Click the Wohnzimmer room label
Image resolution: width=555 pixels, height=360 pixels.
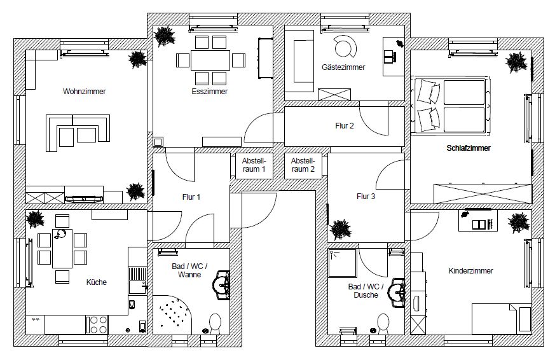[x=84, y=92]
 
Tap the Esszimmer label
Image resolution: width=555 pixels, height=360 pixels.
[x=209, y=92]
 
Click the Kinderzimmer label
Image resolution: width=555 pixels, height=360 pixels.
[x=471, y=270]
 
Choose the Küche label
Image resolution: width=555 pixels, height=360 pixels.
[x=97, y=282]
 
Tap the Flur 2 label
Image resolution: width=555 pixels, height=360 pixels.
[x=344, y=126]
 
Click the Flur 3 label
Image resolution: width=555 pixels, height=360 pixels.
[x=366, y=197]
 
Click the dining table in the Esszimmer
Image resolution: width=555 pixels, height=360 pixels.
[x=210, y=60]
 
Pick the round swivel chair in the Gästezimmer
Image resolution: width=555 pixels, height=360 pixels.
[x=346, y=46]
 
